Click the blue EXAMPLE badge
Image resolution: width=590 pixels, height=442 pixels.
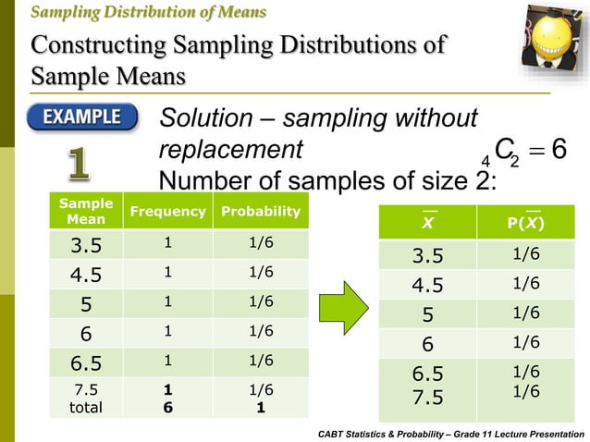(x=82, y=118)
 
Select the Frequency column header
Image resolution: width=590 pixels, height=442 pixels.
(x=167, y=212)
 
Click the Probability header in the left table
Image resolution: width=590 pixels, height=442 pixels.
(x=260, y=212)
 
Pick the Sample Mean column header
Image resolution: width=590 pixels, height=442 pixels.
(x=79, y=212)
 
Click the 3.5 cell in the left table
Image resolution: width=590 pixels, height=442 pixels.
(x=79, y=245)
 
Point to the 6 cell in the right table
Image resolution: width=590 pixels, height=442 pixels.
(x=427, y=343)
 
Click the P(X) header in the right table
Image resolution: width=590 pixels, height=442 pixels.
(x=524, y=223)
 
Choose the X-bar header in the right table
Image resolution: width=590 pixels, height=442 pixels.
(x=427, y=223)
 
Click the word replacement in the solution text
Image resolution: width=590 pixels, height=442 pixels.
(x=231, y=149)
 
